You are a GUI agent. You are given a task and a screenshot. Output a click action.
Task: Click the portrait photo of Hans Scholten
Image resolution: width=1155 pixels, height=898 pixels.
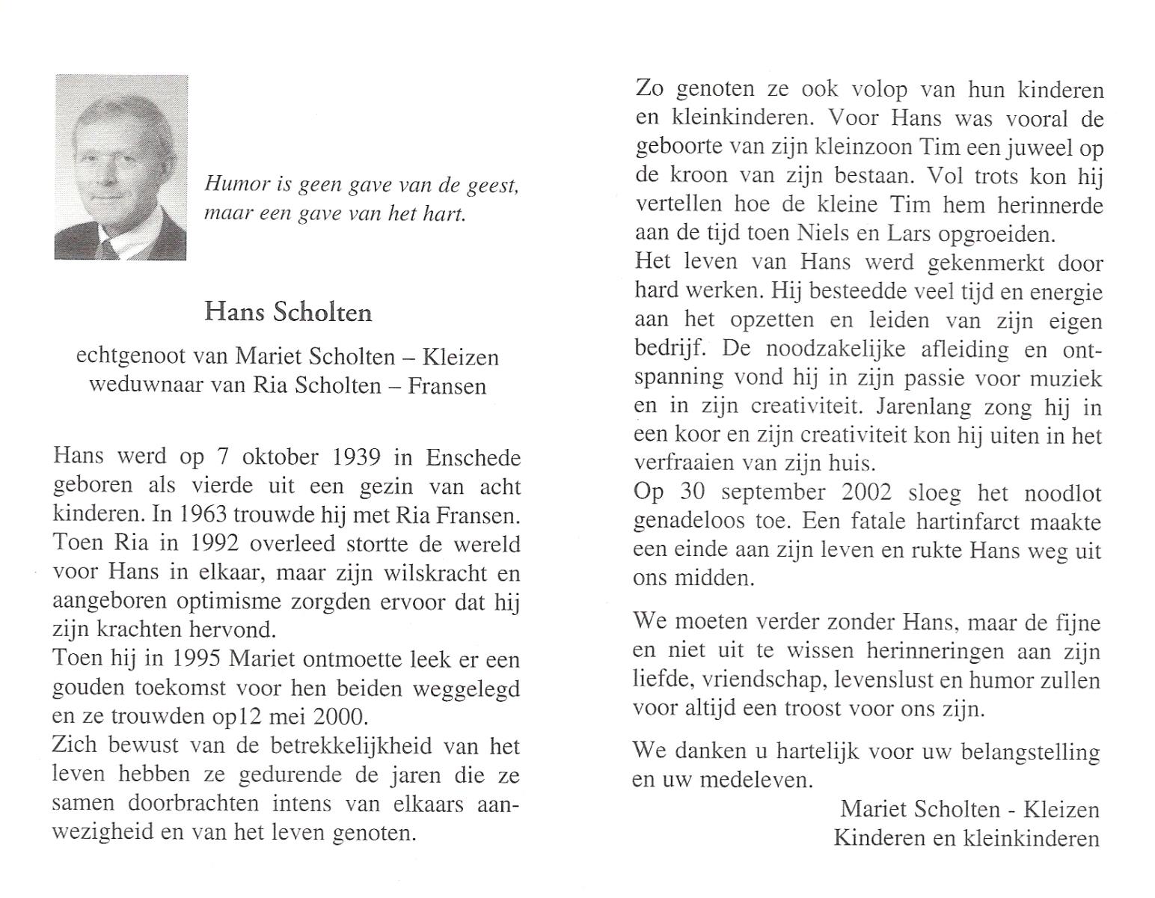point(120,167)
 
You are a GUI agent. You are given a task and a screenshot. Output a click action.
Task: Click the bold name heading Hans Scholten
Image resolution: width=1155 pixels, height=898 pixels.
point(288,312)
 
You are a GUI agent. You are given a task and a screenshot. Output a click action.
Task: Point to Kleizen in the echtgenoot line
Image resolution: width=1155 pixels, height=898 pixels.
point(460,357)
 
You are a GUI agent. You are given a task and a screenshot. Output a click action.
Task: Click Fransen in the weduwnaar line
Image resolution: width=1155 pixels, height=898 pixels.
point(447,385)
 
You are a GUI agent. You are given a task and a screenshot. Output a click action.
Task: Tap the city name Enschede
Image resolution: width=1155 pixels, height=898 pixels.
point(473,457)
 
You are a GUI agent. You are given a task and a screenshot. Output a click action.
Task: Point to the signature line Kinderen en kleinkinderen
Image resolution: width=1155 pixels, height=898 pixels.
point(966,837)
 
